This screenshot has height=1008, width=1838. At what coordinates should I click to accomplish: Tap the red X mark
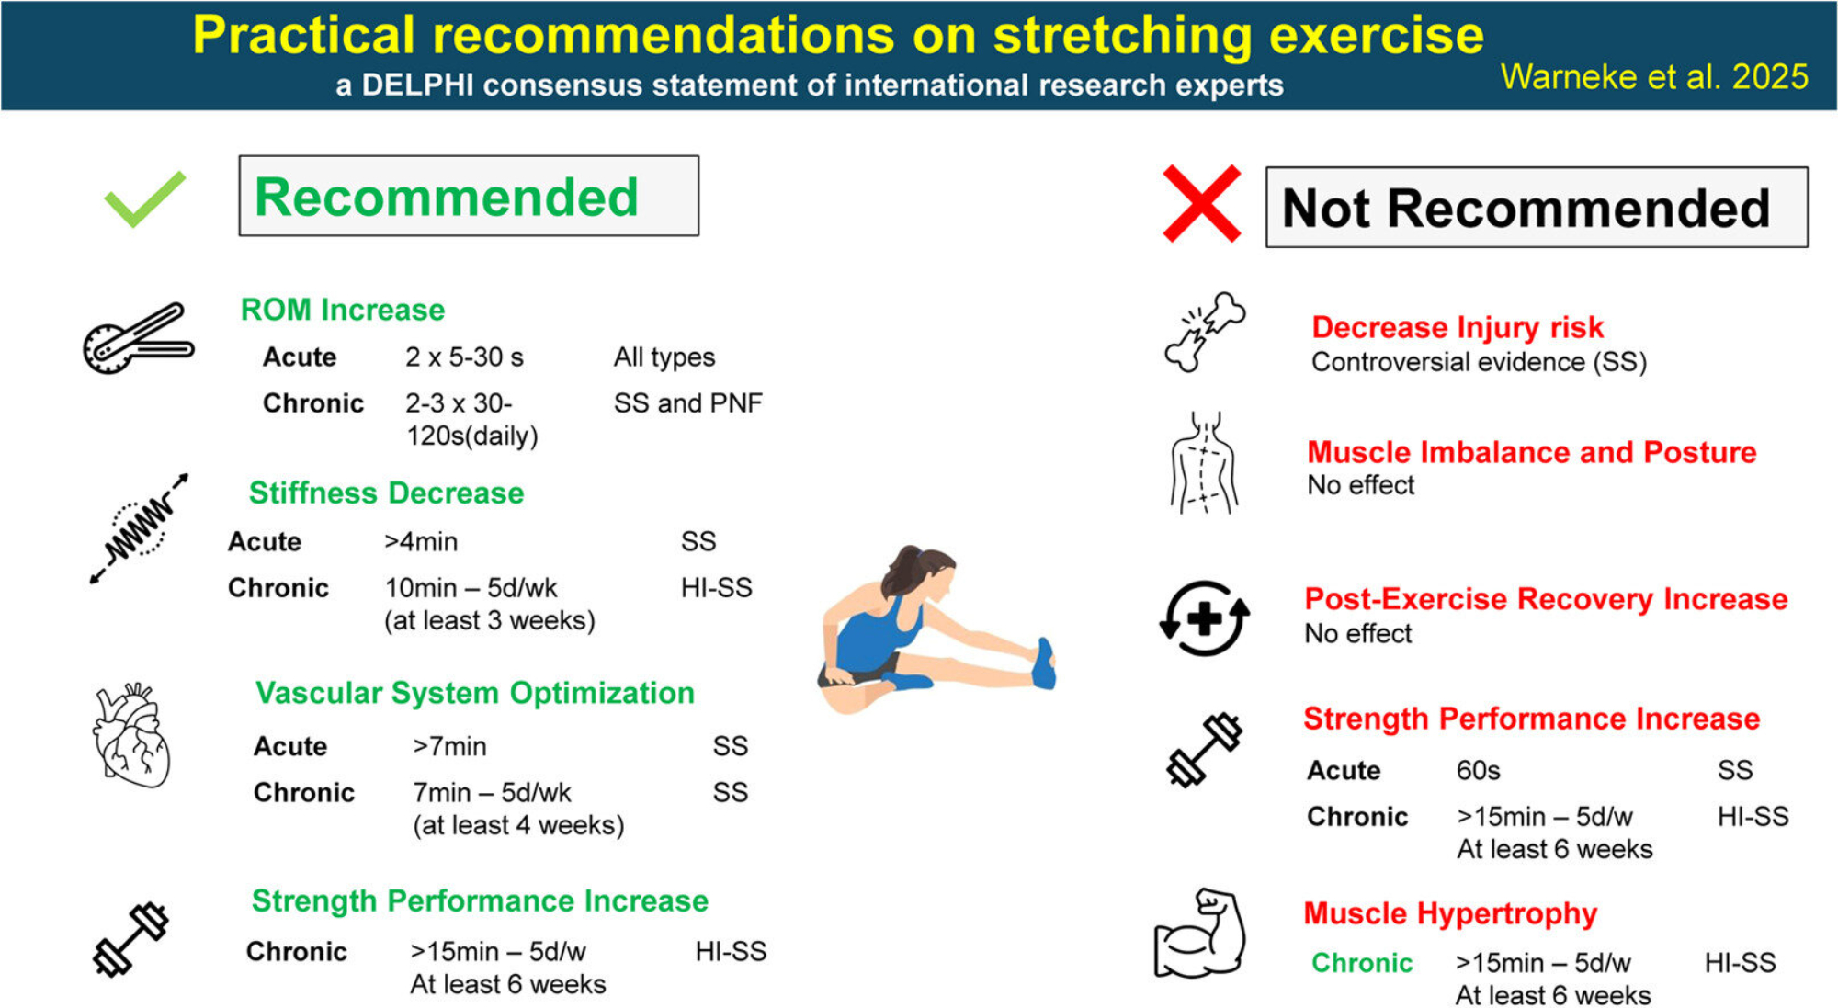click(x=1201, y=203)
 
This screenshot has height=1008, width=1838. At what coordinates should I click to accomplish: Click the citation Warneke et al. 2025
click(x=1654, y=77)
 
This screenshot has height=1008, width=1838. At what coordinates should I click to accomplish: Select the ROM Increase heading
click(x=342, y=310)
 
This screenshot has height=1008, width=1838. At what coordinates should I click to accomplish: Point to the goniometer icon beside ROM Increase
click(x=138, y=338)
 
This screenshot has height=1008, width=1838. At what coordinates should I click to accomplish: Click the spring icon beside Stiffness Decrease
click(x=139, y=528)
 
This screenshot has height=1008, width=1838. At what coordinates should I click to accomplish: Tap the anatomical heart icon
click(x=130, y=735)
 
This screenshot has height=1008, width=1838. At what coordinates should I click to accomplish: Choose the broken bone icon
click(x=1205, y=332)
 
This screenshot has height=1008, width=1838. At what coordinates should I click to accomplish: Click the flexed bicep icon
click(x=1199, y=934)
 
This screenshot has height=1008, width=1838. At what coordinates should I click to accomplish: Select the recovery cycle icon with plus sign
click(x=1204, y=618)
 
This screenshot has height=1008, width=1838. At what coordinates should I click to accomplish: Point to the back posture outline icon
click(x=1204, y=462)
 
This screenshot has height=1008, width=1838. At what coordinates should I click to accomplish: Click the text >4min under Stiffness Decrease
click(x=421, y=542)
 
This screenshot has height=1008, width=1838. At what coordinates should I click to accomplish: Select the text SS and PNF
click(x=688, y=403)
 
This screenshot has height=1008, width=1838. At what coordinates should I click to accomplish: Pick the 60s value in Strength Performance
click(x=1478, y=770)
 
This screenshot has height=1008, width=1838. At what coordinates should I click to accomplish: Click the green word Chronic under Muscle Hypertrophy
click(x=1362, y=963)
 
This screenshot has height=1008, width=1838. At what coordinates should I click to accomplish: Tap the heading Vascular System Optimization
click(x=475, y=693)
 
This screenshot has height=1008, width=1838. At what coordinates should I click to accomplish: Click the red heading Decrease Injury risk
click(x=1458, y=327)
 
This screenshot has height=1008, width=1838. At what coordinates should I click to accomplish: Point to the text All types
click(x=664, y=357)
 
